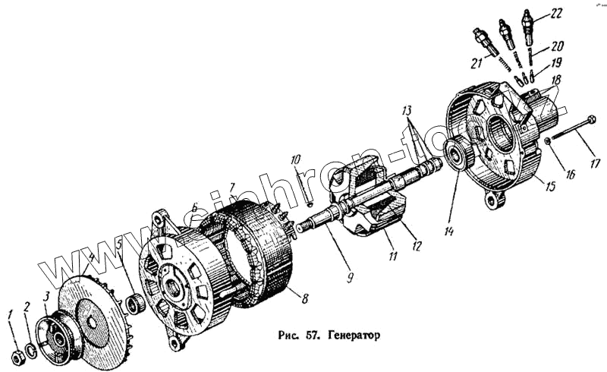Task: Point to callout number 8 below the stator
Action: (305, 298)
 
